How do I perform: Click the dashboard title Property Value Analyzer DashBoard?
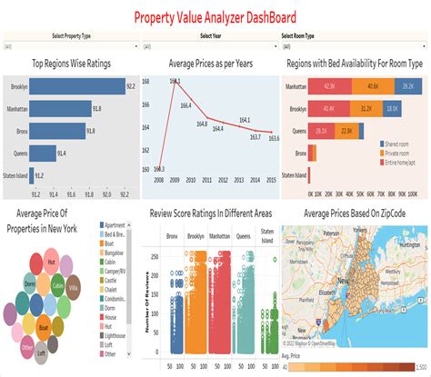click(x=215, y=16)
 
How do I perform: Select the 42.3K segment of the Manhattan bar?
click(x=328, y=86)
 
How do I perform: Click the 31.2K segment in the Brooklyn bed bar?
click(x=366, y=108)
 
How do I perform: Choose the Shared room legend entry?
click(x=400, y=144)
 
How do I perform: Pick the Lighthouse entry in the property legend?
click(x=115, y=336)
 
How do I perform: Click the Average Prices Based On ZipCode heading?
click(x=355, y=213)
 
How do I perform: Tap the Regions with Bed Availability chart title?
click(x=355, y=64)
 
